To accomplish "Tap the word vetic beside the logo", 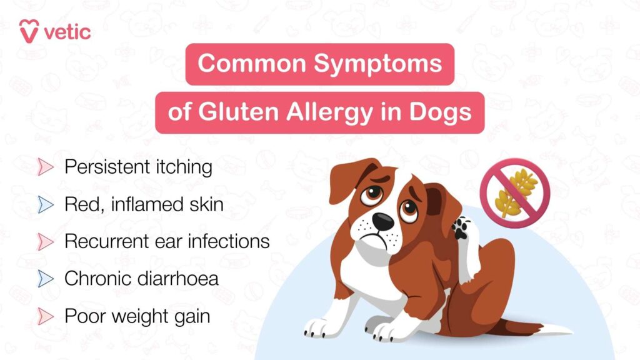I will [x=67, y=31].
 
